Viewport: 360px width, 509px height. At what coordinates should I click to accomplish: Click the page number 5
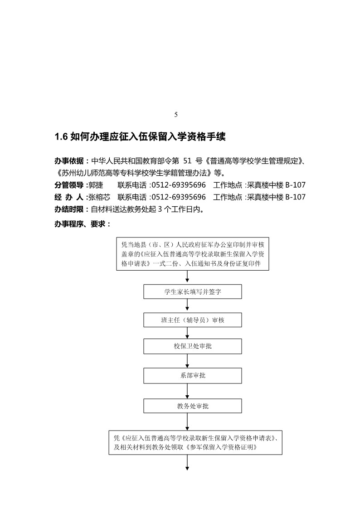point(176,115)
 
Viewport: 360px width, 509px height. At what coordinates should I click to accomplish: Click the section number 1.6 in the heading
point(61,136)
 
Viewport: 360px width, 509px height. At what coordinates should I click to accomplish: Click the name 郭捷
point(96,185)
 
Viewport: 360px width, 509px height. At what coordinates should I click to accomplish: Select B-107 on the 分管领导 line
point(295,185)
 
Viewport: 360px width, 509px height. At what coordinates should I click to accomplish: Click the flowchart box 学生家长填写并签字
point(193,292)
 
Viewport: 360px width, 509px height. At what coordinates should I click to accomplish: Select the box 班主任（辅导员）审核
point(193,320)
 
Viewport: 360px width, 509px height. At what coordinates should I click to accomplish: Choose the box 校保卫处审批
point(193,346)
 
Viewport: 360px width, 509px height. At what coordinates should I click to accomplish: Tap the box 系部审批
point(193,376)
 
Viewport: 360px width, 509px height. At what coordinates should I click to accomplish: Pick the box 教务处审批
point(193,406)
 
